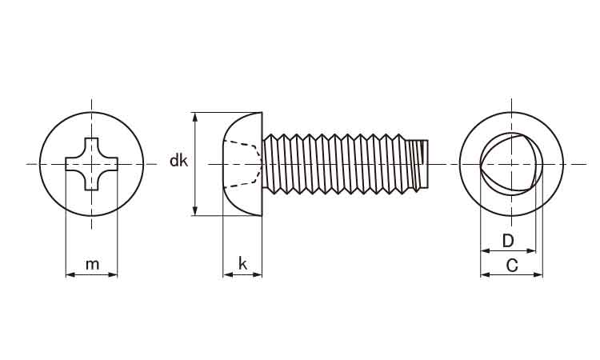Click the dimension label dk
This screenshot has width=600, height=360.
[x=178, y=161]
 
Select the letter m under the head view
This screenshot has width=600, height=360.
[x=92, y=264]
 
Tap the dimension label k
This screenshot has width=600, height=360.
[x=242, y=263]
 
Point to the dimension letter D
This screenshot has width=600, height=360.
[x=508, y=241]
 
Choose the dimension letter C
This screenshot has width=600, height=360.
[x=512, y=265]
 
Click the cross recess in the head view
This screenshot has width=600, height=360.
[x=91, y=164]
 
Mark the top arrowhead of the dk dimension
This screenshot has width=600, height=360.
[x=195, y=117]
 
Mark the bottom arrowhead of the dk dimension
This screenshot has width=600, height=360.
[x=195, y=210]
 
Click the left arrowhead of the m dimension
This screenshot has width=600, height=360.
[x=70, y=274]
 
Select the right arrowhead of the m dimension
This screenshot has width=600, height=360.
[x=113, y=274]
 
